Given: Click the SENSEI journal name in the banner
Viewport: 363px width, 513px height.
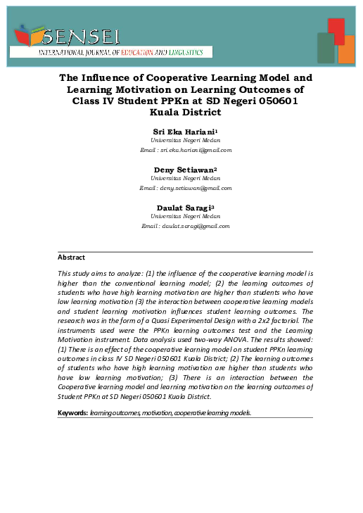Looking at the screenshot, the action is pos(79,36).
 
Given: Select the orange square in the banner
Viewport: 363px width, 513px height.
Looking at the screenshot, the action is pos(346,49).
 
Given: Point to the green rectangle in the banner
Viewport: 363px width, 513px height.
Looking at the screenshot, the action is pos(326,48).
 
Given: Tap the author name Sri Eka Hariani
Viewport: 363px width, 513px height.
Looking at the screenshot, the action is pos(184,132).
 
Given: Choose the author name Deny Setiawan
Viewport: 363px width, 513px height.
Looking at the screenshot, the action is pos(184,170).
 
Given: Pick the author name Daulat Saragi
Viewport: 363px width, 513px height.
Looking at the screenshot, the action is pos(184,208).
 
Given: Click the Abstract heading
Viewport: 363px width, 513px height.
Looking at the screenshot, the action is pos(71,258).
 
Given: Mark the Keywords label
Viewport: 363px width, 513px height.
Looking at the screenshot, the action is pos(72,412).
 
